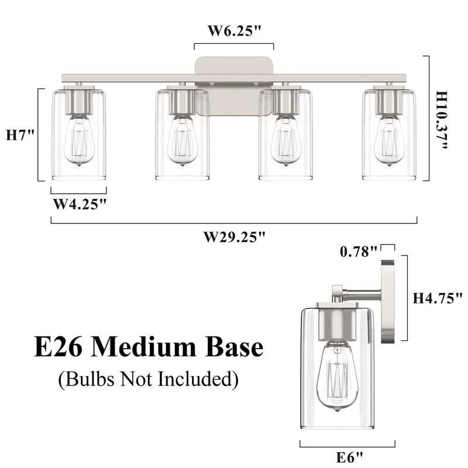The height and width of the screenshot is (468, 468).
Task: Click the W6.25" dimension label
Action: (234, 31)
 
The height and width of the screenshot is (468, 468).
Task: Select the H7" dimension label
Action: (20, 135)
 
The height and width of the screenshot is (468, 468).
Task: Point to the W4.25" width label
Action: (80, 204)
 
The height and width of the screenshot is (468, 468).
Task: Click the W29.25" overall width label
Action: (234, 237)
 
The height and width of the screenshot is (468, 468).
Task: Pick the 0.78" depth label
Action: (358, 252)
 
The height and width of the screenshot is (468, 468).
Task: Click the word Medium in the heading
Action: (154, 347)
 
